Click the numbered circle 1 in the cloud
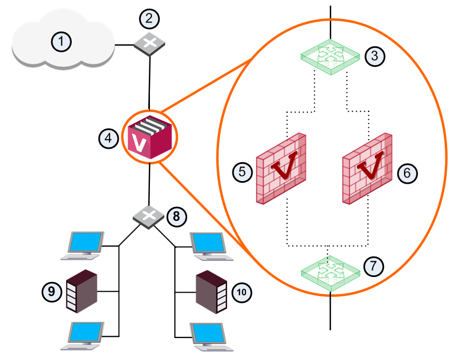pyautogui.click(x=61, y=41)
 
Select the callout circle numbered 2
pyautogui.click(x=149, y=19)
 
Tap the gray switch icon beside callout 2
pyautogui.click(x=149, y=44)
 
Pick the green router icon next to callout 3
pyautogui.click(x=331, y=57)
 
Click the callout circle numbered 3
pyautogui.click(x=375, y=56)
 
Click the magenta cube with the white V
pyautogui.click(x=149, y=137)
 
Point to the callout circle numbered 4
pyautogui.click(x=108, y=138)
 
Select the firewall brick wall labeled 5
pyautogui.click(x=281, y=169)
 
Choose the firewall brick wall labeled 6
pyautogui.click(x=367, y=169)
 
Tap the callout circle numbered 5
pyautogui.click(x=242, y=172)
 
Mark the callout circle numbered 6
pyautogui.click(x=407, y=173)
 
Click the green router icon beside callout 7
pyautogui.click(x=331, y=273)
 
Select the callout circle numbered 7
pyautogui.click(x=374, y=266)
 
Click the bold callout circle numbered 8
pyautogui.click(x=176, y=217)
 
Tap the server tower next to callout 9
pyautogui.click(x=81, y=291)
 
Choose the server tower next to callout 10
pyautogui.click(x=211, y=292)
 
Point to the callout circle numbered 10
pyautogui.click(x=242, y=292)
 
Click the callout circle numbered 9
pyautogui.click(x=52, y=292)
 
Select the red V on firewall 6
pyautogui.click(x=371, y=165)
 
